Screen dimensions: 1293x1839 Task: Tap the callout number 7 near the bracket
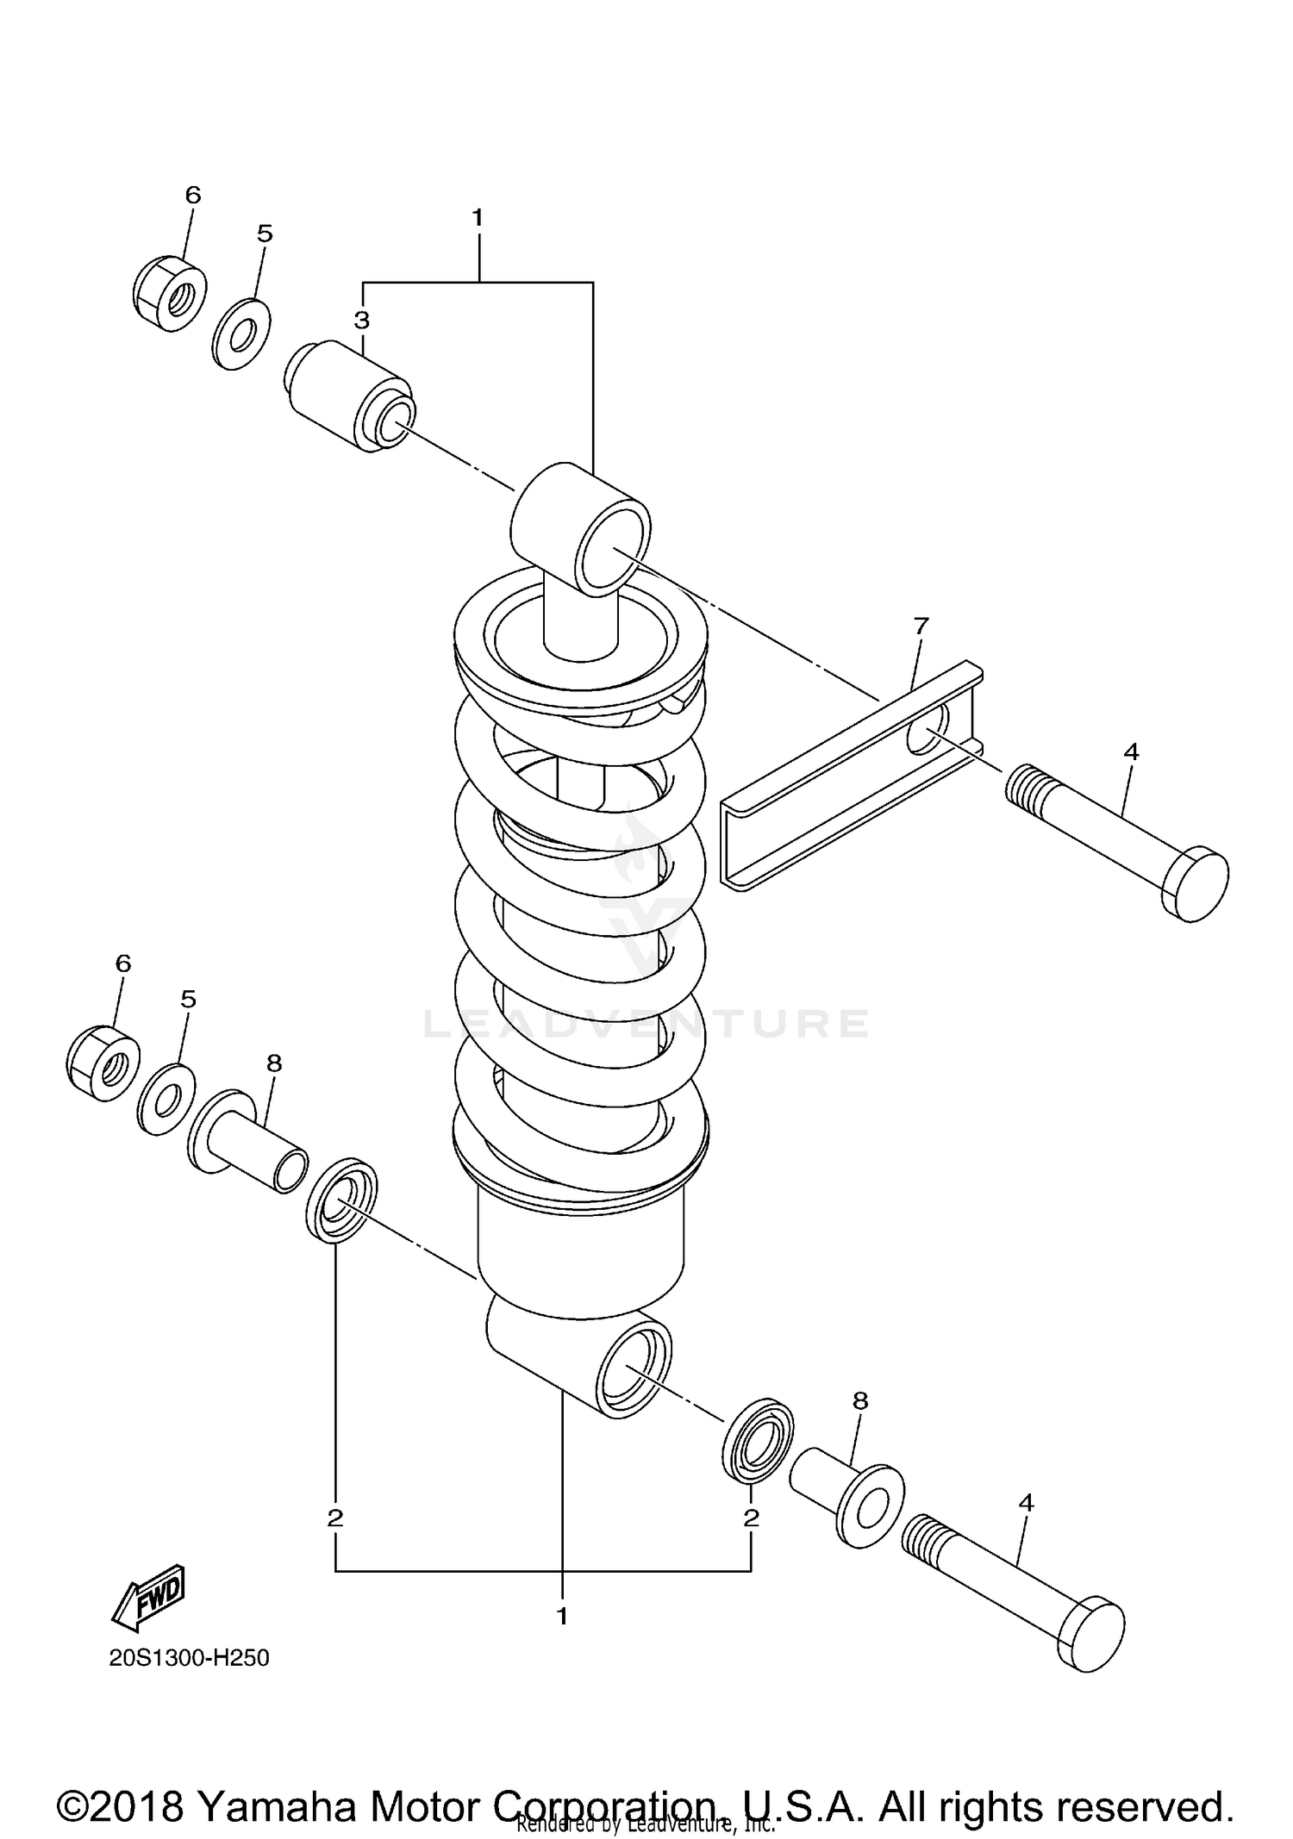coord(921,627)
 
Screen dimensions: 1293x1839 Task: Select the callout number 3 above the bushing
coord(362,321)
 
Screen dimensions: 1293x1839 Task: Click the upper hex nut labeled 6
coord(171,293)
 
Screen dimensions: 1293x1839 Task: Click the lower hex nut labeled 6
coord(103,1063)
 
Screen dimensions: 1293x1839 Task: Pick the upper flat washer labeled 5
coord(241,334)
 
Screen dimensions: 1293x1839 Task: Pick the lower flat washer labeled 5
coord(166,1100)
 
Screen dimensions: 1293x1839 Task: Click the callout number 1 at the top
coord(478,218)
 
